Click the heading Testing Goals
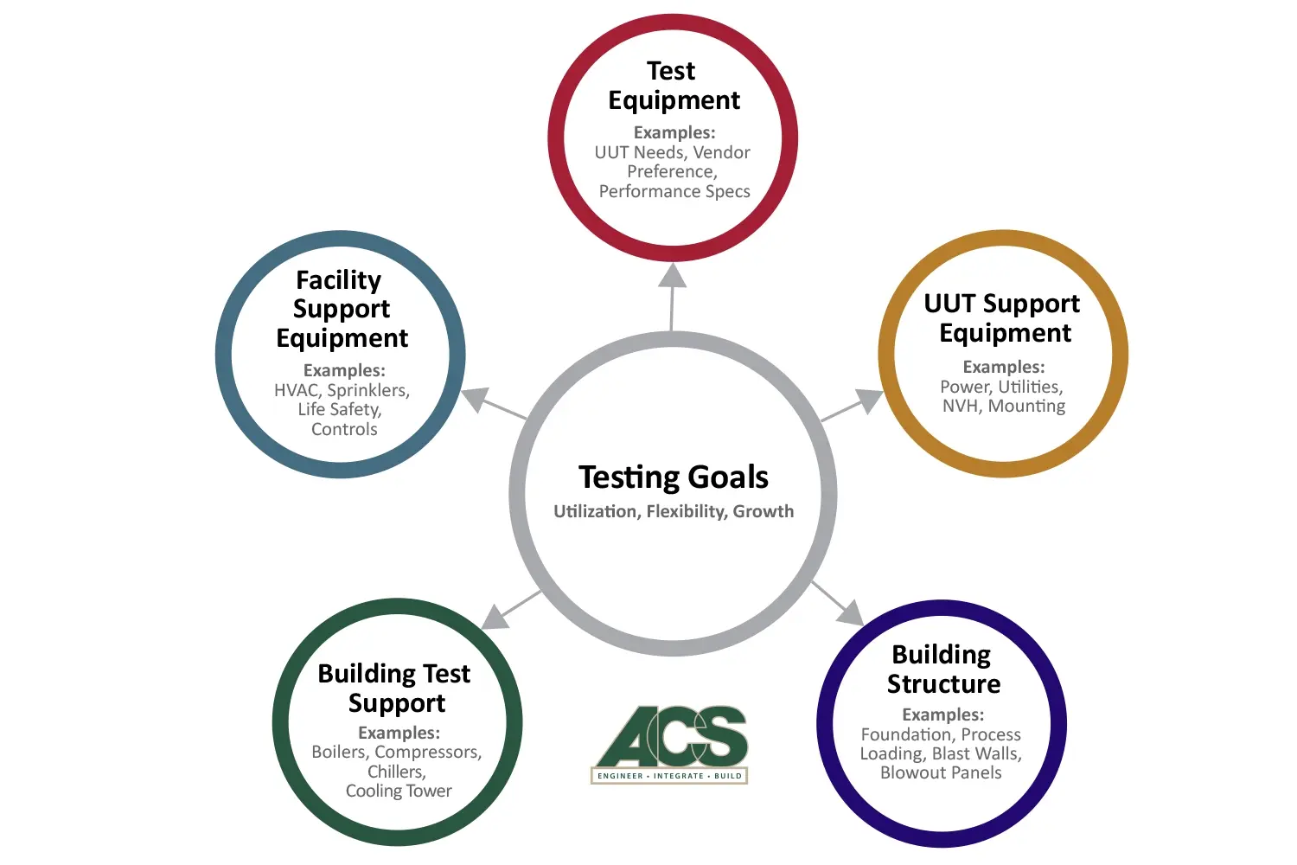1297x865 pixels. [x=674, y=477]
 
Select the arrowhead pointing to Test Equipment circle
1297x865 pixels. [x=673, y=275]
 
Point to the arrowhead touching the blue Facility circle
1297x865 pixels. [x=476, y=398]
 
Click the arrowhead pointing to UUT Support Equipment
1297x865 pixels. [x=870, y=400]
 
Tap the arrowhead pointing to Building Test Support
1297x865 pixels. [x=495, y=618]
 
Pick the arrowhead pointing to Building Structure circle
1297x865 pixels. [x=850, y=613]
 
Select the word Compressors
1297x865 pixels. [x=428, y=752]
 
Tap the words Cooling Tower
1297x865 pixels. [x=399, y=791]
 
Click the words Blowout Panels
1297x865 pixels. [x=941, y=773]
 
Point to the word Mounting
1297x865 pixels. [x=1026, y=407]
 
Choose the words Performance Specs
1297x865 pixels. [x=674, y=192]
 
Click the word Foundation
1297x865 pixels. [x=909, y=734]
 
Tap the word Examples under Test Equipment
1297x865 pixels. [x=674, y=132]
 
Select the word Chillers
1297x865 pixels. [x=397, y=772]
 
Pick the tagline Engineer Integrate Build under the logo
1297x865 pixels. [x=669, y=776]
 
